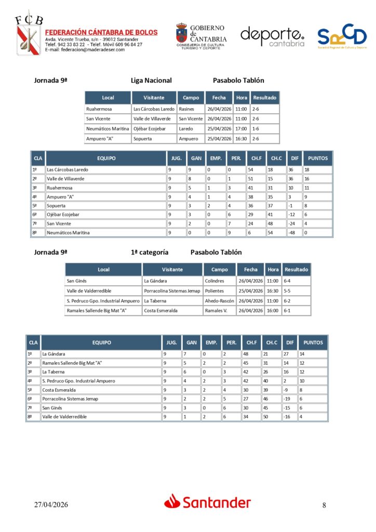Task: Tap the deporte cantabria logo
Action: pos(272,36)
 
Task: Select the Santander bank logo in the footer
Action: pos(208,502)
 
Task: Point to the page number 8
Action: pos(324,505)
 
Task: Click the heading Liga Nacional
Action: pos(151,81)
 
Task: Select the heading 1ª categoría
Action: pos(150,252)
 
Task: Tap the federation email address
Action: pos(85,50)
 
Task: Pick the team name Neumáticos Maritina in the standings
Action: pos(68,233)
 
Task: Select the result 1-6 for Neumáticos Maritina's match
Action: pos(256,129)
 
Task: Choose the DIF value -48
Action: pos(292,233)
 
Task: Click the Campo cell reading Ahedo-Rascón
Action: pos(219,301)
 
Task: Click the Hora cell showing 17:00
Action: pos(241,129)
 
